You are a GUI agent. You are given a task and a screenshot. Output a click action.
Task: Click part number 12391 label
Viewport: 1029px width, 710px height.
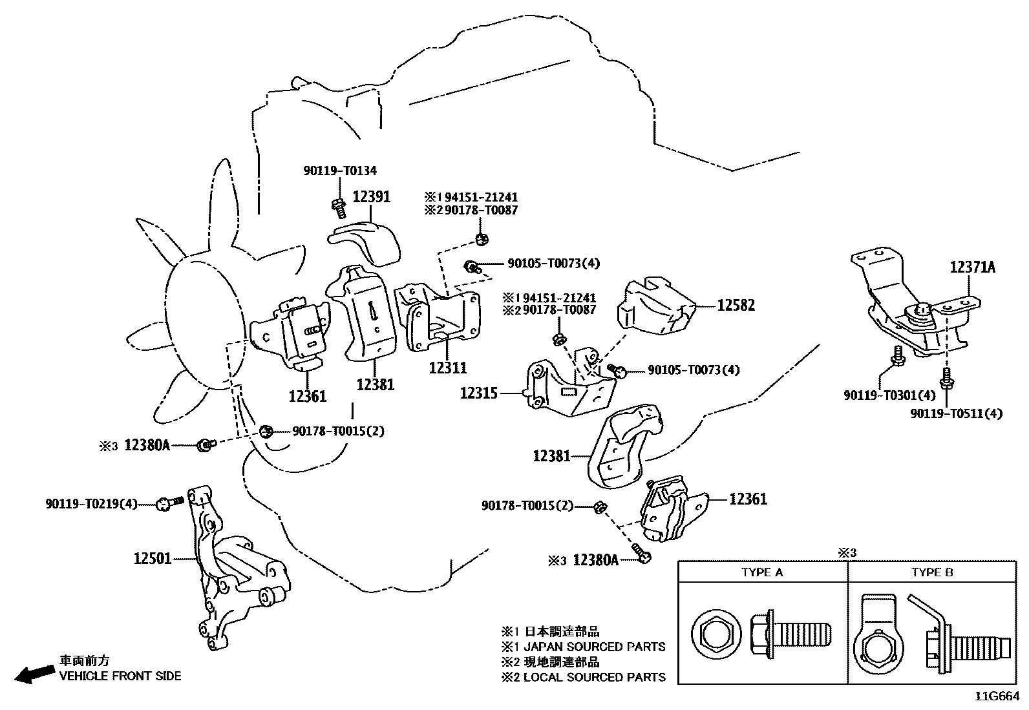371,196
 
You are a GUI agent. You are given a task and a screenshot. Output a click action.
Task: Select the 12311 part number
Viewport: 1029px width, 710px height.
448,368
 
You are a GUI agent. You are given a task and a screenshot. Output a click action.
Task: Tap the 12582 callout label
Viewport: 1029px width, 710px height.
736,305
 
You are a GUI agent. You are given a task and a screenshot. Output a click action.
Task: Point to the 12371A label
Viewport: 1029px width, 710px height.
972,267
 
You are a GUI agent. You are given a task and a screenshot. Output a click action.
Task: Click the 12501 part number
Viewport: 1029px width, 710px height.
153,558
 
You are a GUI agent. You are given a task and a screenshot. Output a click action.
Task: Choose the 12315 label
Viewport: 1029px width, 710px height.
478,392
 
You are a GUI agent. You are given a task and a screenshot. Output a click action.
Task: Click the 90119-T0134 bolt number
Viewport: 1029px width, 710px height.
340,171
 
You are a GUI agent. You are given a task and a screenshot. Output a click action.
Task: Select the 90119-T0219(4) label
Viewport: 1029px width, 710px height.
91,503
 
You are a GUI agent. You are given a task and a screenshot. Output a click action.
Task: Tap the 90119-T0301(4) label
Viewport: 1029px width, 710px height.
889,394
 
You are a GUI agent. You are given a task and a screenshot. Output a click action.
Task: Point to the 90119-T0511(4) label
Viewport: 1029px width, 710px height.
956,413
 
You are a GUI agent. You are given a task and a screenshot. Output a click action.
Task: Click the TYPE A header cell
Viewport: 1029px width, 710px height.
762,572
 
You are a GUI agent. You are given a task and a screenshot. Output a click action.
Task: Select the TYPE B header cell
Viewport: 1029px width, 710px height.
932,572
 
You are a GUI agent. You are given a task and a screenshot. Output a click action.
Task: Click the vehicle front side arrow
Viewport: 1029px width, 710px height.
34,674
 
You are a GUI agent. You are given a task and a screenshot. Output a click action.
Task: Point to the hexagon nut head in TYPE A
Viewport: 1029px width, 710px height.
714,632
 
